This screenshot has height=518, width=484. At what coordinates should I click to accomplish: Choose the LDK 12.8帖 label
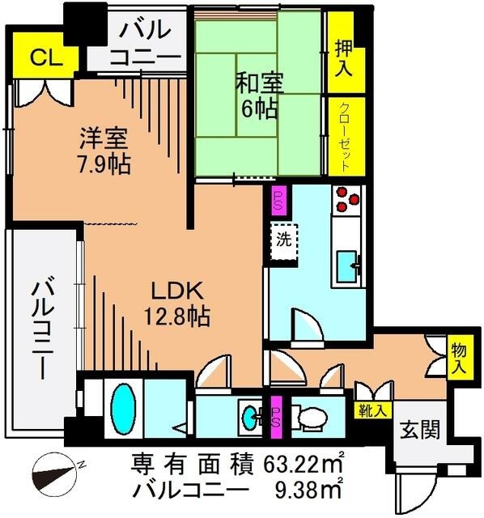(177, 303)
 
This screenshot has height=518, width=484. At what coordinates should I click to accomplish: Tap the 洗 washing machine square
(284, 239)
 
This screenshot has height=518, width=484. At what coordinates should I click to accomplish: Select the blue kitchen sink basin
(347, 264)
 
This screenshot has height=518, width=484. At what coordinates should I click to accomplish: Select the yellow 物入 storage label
(458, 356)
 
